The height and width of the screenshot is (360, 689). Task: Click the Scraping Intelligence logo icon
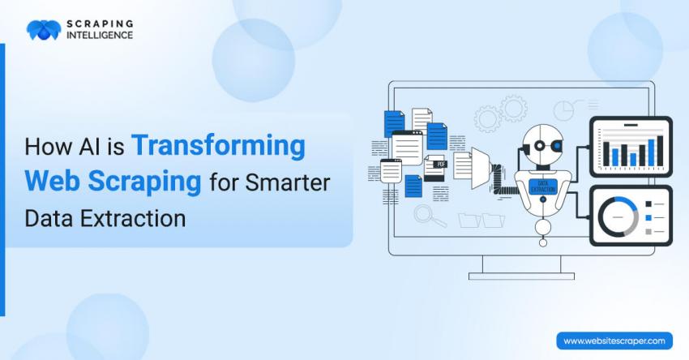pyautogui.click(x=44, y=30)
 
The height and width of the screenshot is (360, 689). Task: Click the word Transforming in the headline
pyautogui.click(x=218, y=147)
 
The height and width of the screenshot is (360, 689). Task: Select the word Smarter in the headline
pyautogui.click(x=288, y=182)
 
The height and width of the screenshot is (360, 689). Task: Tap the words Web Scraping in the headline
pyautogui.click(x=113, y=182)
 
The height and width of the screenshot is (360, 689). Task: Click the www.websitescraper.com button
pyautogui.click(x=614, y=341)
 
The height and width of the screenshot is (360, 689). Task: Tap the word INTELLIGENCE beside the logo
pyautogui.click(x=100, y=35)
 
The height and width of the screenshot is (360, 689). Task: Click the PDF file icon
pyautogui.click(x=434, y=168)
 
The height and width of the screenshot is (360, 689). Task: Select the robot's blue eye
pyautogui.click(x=557, y=145)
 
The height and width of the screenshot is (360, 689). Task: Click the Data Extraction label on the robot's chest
pyautogui.click(x=543, y=186)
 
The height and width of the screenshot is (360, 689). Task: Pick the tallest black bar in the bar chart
pyautogui.click(x=660, y=151)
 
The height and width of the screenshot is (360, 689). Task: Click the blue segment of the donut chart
pyautogui.click(x=627, y=205)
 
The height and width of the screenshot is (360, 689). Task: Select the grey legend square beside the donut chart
pyautogui.click(x=648, y=231)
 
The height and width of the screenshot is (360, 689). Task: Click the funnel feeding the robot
pyautogui.click(x=481, y=168)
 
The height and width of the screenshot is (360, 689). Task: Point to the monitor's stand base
pyautogui.click(x=521, y=276)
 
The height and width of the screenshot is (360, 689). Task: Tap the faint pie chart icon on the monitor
pyautogui.click(x=563, y=110)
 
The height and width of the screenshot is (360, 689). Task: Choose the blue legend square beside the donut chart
pyautogui.click(x=648, y=217)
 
